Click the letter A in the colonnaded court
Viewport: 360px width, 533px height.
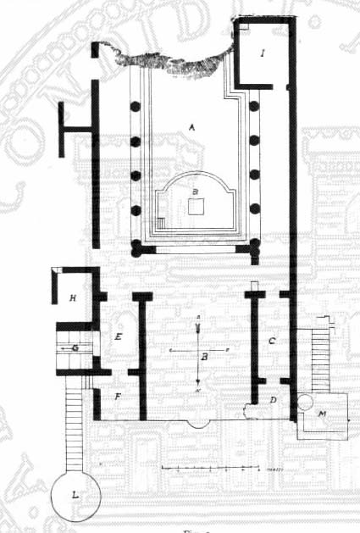pos(193,126)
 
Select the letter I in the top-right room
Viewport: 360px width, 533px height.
pos(263,53)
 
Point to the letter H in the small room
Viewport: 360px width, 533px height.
pos(74,297)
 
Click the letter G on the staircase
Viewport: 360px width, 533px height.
pos(75,347)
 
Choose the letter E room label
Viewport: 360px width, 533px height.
pos(119,337)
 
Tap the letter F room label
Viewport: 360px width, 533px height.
pos(118,396)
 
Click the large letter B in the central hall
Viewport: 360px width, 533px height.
pos(203,358)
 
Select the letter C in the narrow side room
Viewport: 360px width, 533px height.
pos(271,341)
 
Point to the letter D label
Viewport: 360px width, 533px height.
pos(273,399)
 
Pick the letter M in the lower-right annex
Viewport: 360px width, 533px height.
pos(323,414)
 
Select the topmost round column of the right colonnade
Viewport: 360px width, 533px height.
pos(254,107)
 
